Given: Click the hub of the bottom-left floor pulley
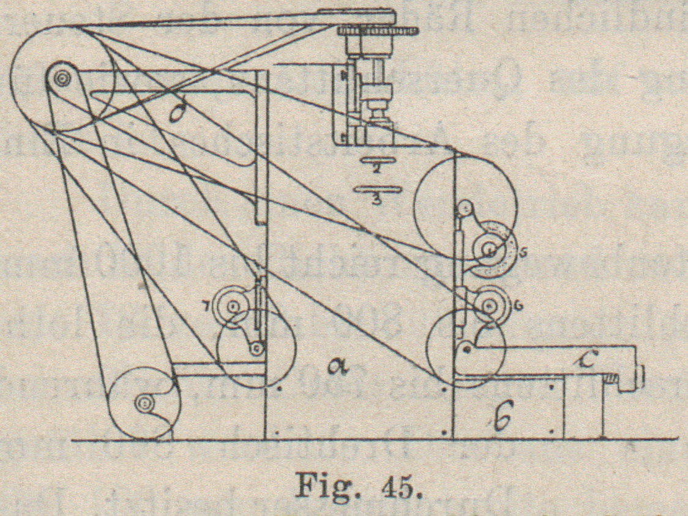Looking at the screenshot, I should [x=145, y=403].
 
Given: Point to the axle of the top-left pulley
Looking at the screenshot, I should [x=61, y=79].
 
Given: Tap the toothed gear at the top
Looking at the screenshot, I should [x=376, y=30].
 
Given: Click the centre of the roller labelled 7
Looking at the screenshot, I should [x=234, y=306].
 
